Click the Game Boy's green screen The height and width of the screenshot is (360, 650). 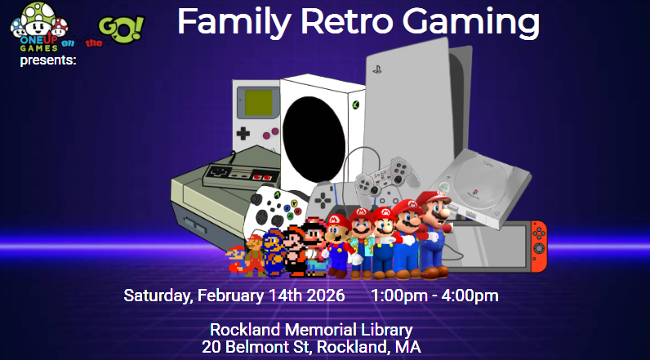click(260, 102)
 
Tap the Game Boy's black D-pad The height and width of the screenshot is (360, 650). click(243, 133)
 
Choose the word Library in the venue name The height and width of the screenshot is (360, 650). click(386, 331)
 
